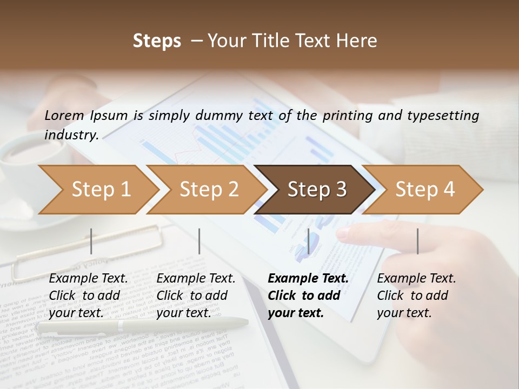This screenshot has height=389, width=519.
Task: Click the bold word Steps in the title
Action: pyautogui.click(x=157, y=41)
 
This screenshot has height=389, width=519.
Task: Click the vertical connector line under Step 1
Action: pyautogui.click(x=91, y=241)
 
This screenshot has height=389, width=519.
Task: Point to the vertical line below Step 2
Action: pyautogui.click(x=199, y=241)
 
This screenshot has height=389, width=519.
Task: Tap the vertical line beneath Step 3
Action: pyautogui.click(x=308, y=241)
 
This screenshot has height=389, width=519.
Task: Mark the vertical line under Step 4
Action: pyautogui.click(x=417, y=241)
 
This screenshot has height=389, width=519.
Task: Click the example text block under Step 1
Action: pyautogui.click(x=88, y=296)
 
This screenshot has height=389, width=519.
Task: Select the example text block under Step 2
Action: pyautogui.click(x=196, y=296)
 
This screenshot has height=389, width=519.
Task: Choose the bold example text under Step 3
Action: pyautogui.click(x=308, y=296)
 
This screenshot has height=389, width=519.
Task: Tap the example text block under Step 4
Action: pyautogui.click(x=416, y=296)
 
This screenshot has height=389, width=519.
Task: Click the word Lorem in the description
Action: pyautogui.click(x=64, y=115)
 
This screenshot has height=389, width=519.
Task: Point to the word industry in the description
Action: pyautogui.click(x=71, y=135)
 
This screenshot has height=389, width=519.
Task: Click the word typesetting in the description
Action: pyautogui.click(x=440, y=115)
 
